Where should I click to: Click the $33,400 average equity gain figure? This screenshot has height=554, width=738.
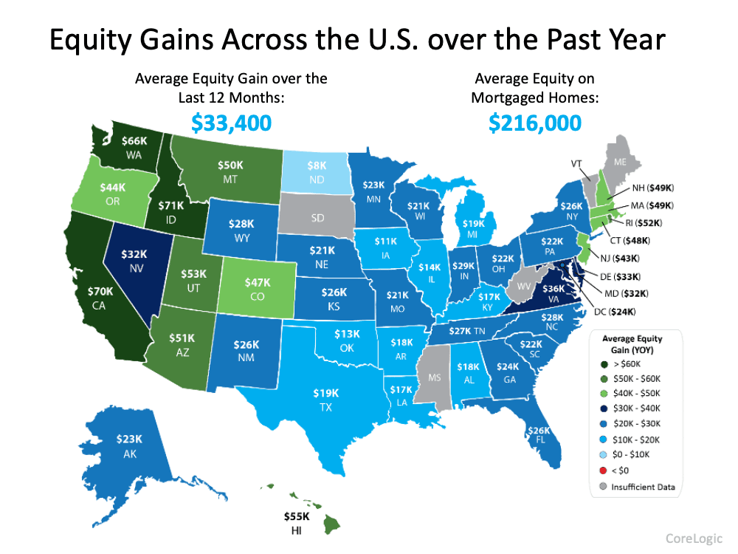(x=231, y=122)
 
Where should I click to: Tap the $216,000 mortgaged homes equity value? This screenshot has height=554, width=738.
(x=535, y=122)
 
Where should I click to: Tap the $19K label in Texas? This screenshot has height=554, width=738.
(x=326, y=393)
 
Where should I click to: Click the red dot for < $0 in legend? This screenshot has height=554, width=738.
(x=605, y=471)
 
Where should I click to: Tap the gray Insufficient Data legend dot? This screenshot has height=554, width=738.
(x=605, y=487)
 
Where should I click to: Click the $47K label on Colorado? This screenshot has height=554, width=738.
(x=258, y=282)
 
